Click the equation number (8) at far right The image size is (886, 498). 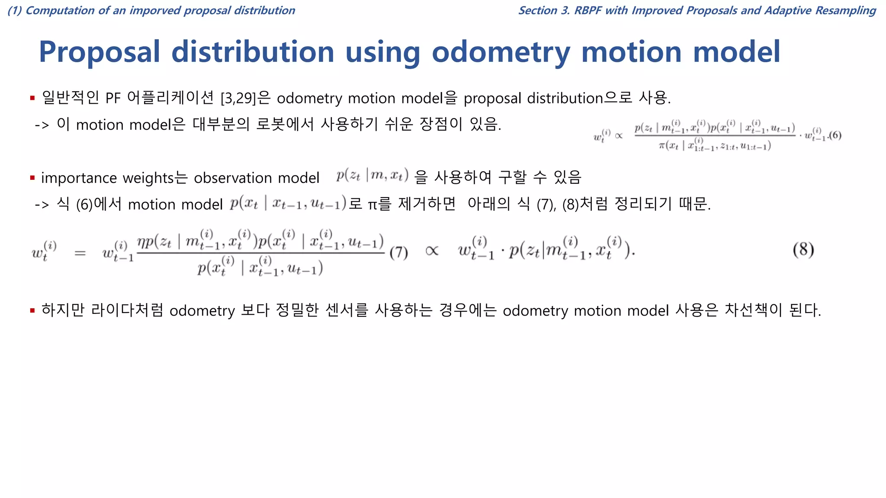click(x=803, y=249)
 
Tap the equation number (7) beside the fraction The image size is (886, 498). click(x=398, y=252)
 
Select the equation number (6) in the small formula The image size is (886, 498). click(x=835, y=136)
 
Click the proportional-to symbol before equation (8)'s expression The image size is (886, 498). click(x=432, y=251)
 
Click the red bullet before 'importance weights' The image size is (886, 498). click(x=32, y=178)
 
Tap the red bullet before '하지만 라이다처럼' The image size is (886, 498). click(x=32, y=310)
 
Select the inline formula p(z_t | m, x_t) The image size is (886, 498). click(x=372, y=175)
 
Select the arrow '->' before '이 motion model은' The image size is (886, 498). click(x=42, y=125)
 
